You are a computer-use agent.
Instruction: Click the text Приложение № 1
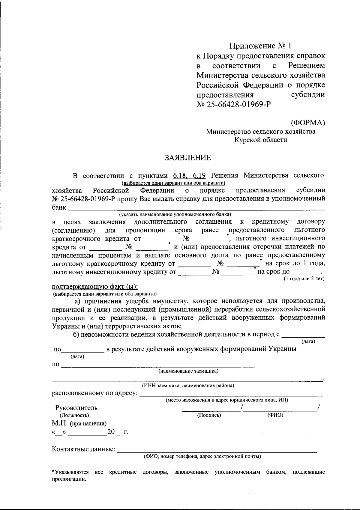point(260,46)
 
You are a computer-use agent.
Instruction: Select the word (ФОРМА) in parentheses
point(308,122)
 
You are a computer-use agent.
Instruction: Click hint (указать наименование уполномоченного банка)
point(175,214)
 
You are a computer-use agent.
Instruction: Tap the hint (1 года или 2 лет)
point(304,279)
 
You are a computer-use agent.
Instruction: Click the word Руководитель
point(76,408)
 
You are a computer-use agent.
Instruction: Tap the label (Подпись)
point(209,415)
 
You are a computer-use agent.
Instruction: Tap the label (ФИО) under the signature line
point(275,415)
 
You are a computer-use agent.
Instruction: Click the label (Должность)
point(74,415)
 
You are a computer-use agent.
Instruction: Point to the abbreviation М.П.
point(60,423)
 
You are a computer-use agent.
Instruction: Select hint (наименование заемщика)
point(188,371)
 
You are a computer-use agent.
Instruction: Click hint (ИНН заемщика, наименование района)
point(188,386)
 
